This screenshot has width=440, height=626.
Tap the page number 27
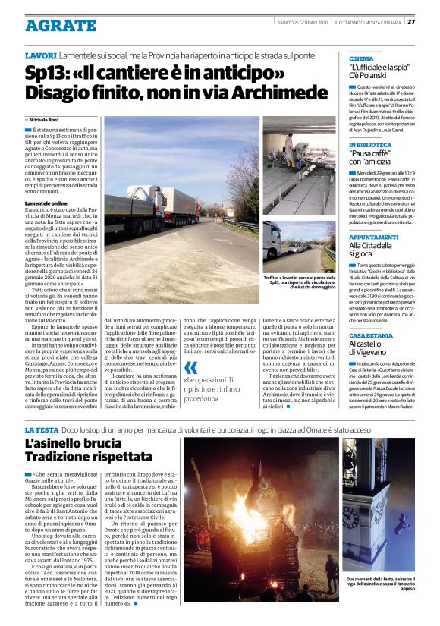coord(431,21)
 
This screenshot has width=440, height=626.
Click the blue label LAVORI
coord(40,56)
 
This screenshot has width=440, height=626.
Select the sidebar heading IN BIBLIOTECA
coord(370,145)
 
